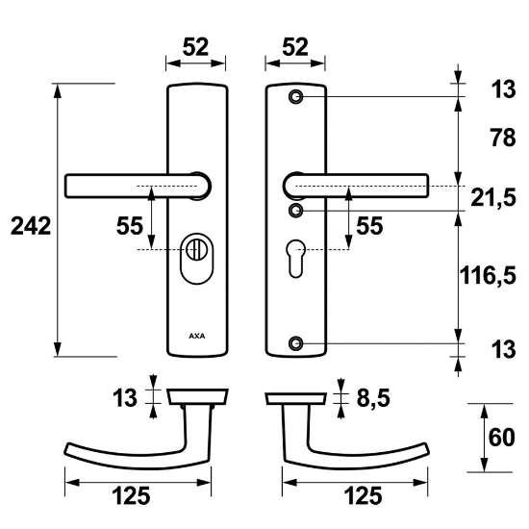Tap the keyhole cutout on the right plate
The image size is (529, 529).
pos(296,260)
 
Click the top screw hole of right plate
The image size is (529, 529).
pos(296,96)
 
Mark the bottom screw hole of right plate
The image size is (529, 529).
pos(296,341)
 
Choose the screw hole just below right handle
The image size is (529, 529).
pos(296,210)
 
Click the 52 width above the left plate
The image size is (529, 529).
pos(195,46)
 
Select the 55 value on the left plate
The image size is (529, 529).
pos(130,226)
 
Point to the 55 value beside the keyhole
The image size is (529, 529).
pos(368,226)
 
